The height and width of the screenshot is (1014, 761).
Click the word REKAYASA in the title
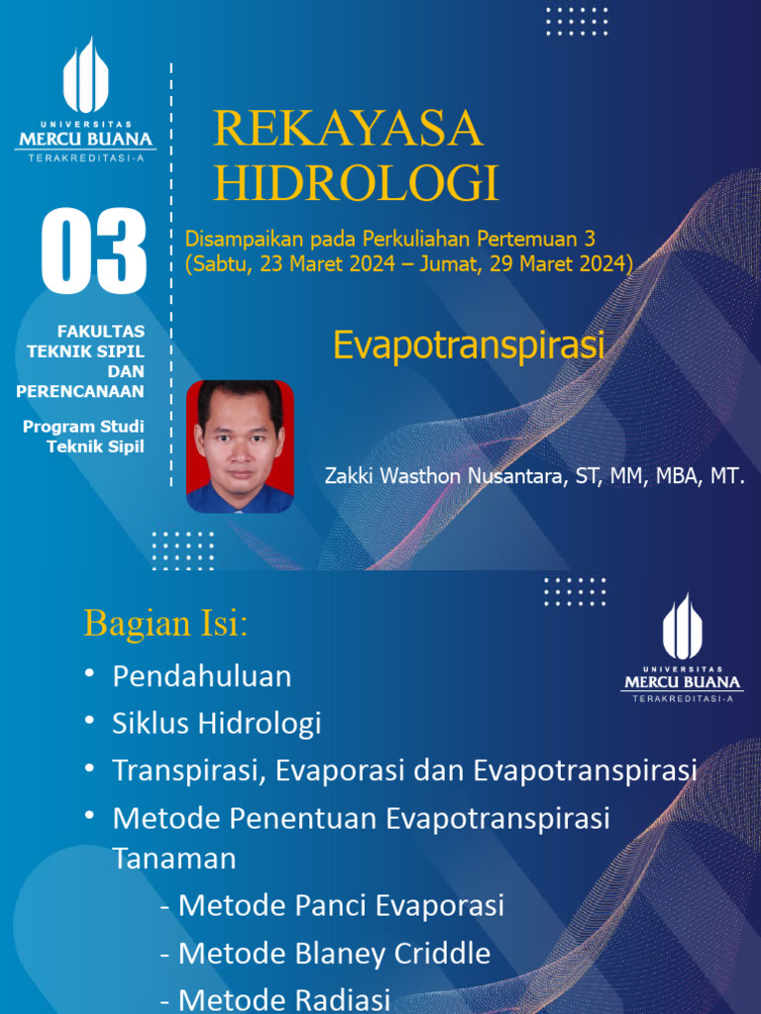348,130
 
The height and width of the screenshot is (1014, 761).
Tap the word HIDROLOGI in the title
357,184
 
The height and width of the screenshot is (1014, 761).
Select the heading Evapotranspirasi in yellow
468,346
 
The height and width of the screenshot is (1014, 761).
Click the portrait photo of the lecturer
240,447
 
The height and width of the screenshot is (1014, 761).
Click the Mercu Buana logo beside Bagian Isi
683,649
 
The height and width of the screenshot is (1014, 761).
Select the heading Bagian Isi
165,624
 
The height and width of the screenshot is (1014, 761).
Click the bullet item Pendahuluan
202,676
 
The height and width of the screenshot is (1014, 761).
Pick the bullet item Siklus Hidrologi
217,723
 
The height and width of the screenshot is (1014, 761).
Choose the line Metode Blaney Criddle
325,954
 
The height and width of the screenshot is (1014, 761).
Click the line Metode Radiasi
274,999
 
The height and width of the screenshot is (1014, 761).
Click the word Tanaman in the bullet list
174,858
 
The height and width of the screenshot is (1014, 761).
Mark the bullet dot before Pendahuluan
90,673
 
